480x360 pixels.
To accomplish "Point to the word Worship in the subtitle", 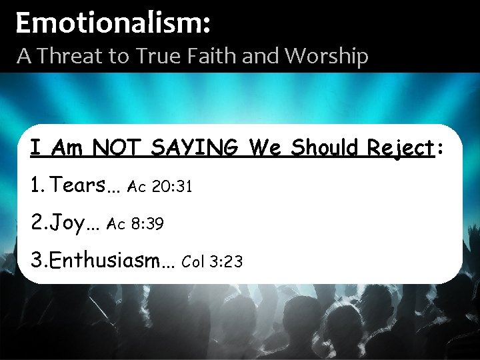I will pos(327,57).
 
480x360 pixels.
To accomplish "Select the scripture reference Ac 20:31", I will pos(161,187).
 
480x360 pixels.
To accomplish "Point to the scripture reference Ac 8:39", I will pos(136,225).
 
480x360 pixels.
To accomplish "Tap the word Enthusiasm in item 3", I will pos(107,259).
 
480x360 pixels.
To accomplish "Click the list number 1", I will pos(37,185).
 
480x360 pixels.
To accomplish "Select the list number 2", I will pos(38,222).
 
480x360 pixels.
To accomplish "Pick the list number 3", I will pos(37,260).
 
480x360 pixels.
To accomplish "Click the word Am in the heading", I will pos(66,148).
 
